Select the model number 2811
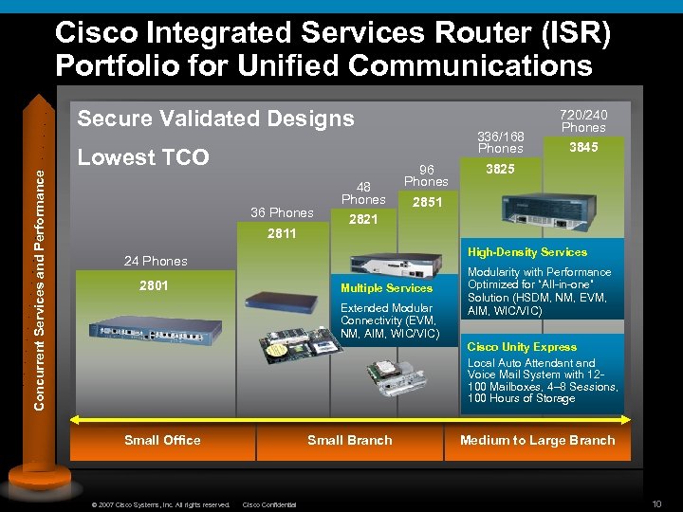[282, 233]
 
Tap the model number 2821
[363, 219]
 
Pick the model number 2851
[427, 203]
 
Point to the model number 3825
[500, 168]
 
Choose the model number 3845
[583, 148]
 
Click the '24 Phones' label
[157, 261]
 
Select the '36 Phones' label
[281, 212]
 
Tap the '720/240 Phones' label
[583, 120]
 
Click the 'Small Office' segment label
[163, 440]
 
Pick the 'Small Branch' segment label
[350, 440]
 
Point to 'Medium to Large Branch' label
[537, 440]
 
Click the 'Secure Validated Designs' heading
[215, 119]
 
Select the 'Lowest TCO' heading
[143, 157]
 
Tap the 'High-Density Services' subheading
[528, 252]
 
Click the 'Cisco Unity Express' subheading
[522, 347]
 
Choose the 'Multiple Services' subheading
[386, 288]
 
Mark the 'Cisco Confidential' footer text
[270, 504]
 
